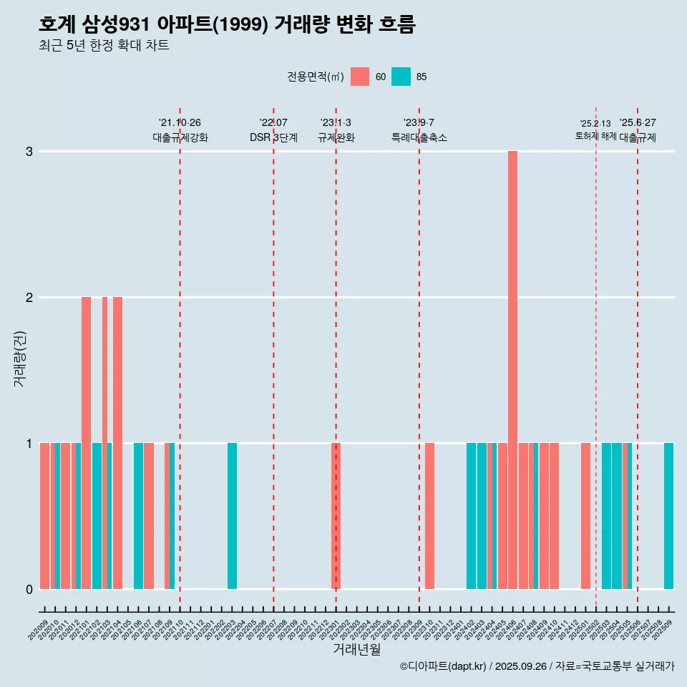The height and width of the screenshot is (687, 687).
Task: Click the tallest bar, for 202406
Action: [x=512, y=369]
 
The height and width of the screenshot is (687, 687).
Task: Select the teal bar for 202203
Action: [x=232, y=515]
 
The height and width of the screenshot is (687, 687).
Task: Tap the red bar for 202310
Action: [x=429, y=515]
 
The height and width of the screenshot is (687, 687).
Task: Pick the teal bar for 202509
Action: [x=668, y=515]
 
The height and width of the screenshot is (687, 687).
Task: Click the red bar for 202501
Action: [x=585, y=515]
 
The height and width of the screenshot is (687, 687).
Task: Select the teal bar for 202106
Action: [x=138, y=515]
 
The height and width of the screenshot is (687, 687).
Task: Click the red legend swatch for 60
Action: [x=360, y=77]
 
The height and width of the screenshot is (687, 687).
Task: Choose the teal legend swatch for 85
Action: [x=401, y=77]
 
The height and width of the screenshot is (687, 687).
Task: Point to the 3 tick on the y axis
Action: [x=29, y=152]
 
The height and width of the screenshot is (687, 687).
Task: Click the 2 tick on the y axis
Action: [x=29, y=298]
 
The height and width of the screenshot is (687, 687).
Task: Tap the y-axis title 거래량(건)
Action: [x=19, y=358]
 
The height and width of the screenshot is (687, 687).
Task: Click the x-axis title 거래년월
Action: [x=356, y=650]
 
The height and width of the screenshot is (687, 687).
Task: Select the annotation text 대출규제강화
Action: [x=180, y=138]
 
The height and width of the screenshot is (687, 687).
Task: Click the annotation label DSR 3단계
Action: [x=273, y=138]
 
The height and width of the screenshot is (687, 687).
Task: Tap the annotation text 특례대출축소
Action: [x=419, y=138]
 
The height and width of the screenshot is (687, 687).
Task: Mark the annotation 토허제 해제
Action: [x=595, y=136]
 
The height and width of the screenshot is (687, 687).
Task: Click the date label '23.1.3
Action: [x=336, y=123]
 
